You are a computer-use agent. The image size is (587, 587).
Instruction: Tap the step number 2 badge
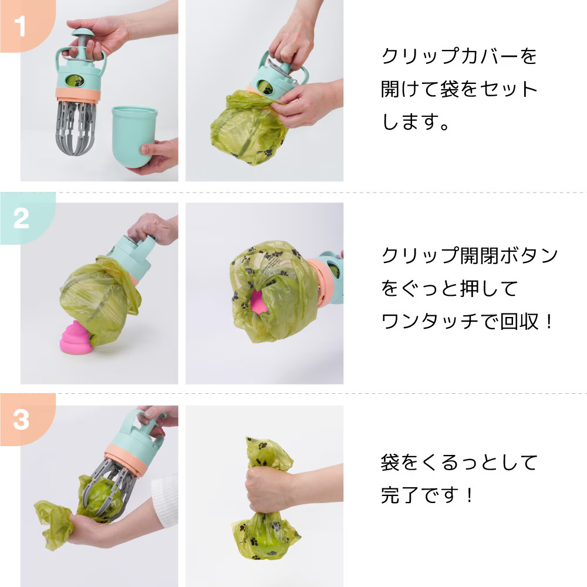click(x=21, y=218)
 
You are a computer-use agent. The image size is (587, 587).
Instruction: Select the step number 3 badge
click(x=21, y=420)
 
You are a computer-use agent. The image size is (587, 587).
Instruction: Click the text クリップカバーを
click(x=459, y=57)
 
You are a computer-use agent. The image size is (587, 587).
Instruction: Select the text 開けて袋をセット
click(x=459, y=89)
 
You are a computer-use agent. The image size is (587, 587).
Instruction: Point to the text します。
click(x=417, y=122)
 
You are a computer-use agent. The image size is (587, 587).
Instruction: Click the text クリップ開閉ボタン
click(x=469, y=256)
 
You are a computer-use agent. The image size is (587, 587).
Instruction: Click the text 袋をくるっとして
click(x=459, y=463)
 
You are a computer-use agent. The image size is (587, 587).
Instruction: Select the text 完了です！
click(x=427, y=495)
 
